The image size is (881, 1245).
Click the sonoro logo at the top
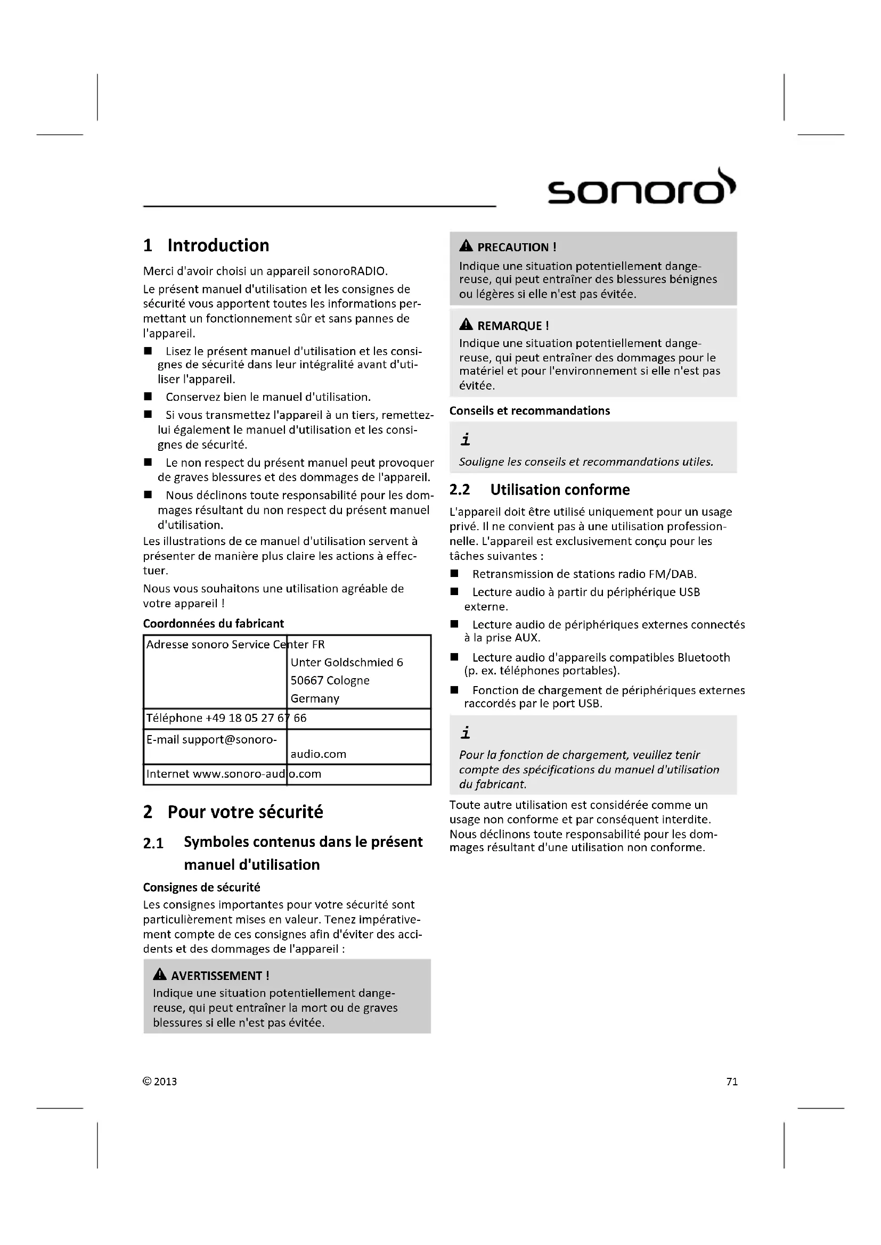click(641, 187)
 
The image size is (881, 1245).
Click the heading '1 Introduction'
click(206, 245)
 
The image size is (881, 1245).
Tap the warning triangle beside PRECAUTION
click(466, 247)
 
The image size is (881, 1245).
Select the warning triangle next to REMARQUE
click(466, 325)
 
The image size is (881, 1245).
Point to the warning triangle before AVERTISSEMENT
click(159, 975)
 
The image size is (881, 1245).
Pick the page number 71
click(732, 1082)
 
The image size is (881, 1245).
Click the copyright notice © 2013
click(160, 1082)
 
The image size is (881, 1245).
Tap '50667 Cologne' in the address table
click(330, 681)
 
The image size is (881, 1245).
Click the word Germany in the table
click(315, 699)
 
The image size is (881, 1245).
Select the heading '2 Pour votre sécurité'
click(233, 812)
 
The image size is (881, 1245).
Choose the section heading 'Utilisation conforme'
click(560, 490)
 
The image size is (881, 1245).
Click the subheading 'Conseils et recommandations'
click(529, 411)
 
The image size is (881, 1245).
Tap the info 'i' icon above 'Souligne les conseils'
click(466, 440)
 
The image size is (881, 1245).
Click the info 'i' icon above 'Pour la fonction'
click(466, 733)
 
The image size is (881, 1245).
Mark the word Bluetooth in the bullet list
click(704, 658)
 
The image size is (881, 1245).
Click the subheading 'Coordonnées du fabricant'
click(213, 624)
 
